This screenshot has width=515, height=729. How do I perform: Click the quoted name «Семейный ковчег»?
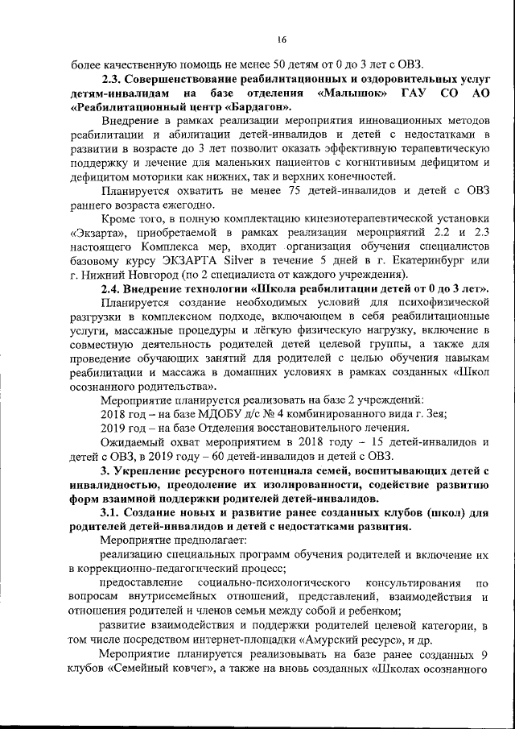[x=148, y=668]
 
